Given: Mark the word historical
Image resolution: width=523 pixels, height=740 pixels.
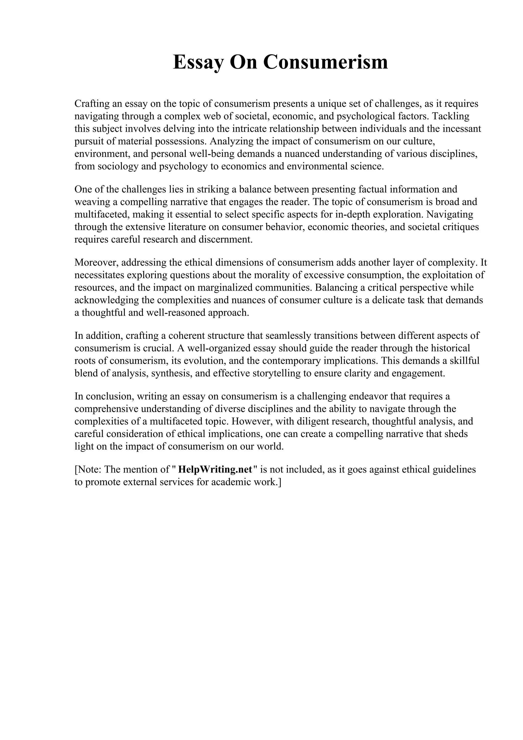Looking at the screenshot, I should (450, 348).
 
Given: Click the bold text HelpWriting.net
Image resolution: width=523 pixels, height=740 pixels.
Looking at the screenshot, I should (215, 470).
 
